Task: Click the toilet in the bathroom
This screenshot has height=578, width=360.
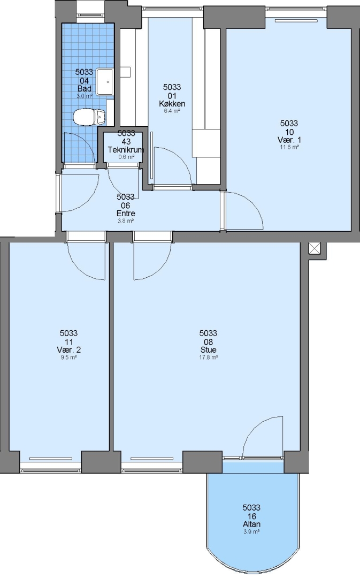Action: (x=89, y=117)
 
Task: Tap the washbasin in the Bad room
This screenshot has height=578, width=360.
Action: (x=105, y=81)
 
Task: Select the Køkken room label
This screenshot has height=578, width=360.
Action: (x=172, y=104)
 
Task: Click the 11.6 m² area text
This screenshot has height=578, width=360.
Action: (x=289, y=147)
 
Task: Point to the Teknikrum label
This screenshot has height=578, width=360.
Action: (x=126, y=150)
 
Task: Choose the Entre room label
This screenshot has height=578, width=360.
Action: (x=126, y=214)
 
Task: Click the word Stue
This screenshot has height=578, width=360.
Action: (x=208, y=350)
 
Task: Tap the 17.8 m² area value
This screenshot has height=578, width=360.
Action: (x=208, y=357)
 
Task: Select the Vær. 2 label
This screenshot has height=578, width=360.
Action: (x=68, y=350)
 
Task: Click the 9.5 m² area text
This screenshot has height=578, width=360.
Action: (x=68, y=357)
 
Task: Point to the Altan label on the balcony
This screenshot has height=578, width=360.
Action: (x=251, y=524)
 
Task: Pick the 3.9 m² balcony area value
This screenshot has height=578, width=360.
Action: (x=251, y=531)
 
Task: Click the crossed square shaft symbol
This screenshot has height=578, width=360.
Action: (x=315, y=248)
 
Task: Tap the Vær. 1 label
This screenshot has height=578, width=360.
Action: (x=289, y=140)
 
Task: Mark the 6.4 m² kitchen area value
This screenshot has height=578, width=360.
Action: (x=172, y=111)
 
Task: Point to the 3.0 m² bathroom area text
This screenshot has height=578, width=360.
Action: (x=85, y=96)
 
